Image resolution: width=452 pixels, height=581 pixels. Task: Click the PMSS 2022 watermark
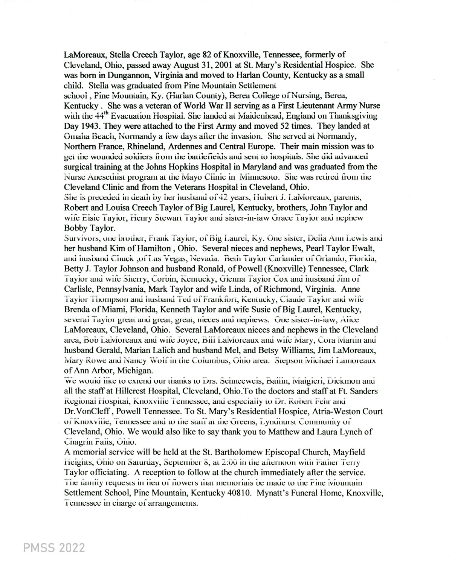coord(54,547)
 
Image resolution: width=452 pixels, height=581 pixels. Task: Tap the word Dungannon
coord(110,75)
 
